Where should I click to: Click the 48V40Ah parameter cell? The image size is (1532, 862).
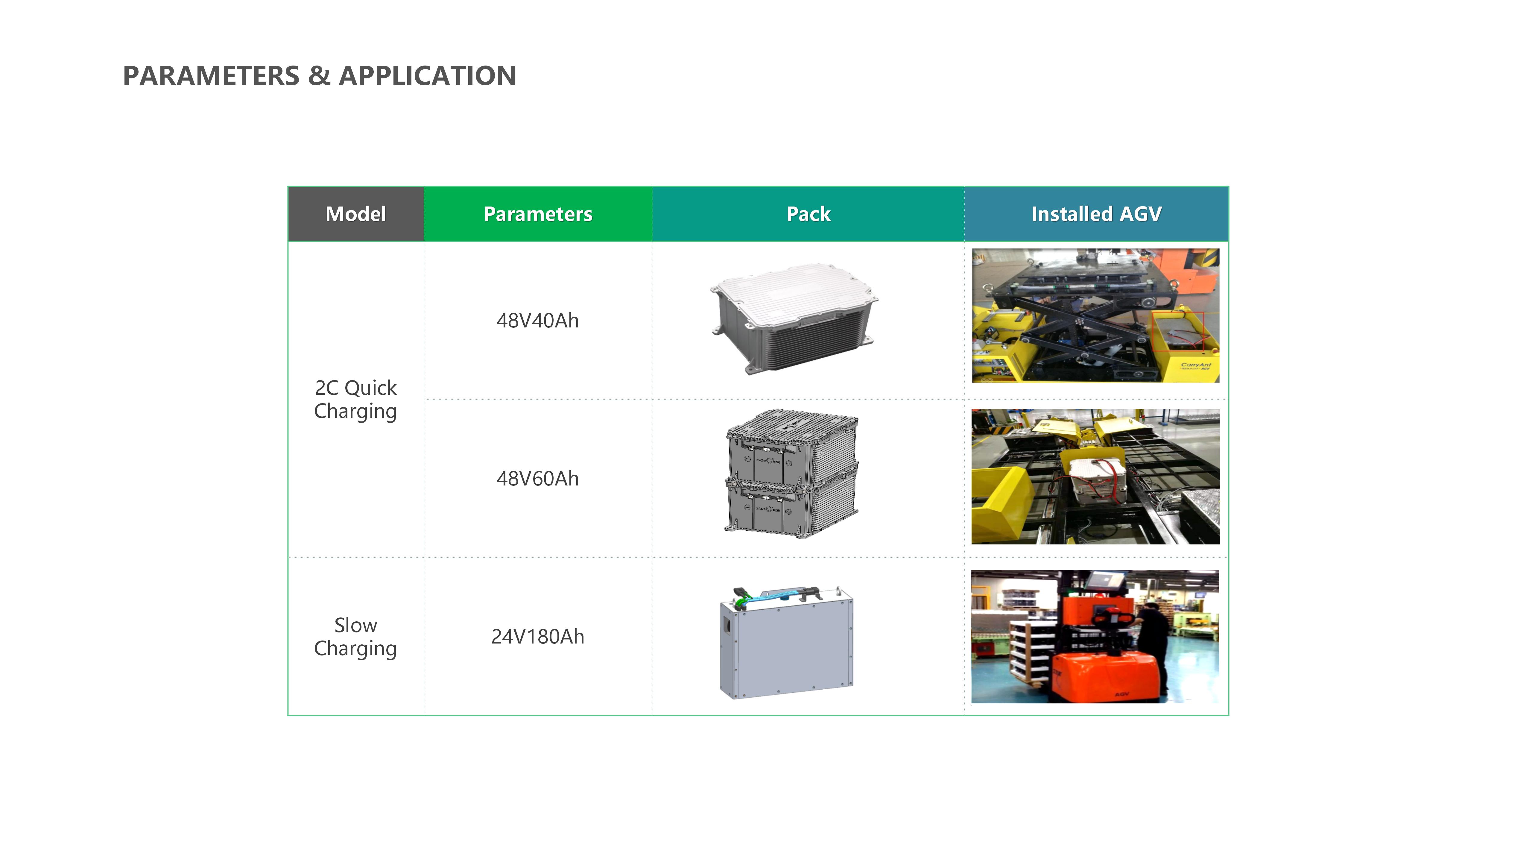tap(538, 321)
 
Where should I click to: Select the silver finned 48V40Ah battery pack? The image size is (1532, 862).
tap(794, 319)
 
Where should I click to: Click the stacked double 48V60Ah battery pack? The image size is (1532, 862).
tap(791, 474)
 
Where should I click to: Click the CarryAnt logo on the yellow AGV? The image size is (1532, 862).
tap(1195, 366)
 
